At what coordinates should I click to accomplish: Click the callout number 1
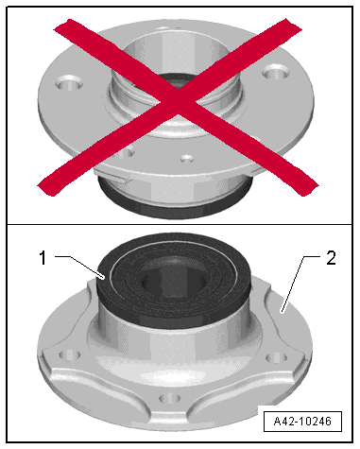[43, 258]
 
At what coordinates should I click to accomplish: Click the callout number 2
[331, 258]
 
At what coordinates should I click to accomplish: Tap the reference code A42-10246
[302, 421]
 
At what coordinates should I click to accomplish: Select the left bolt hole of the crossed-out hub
[69, 82]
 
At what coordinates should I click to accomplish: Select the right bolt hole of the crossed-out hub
[276, 73]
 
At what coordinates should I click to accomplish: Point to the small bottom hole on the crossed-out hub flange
[187, 158]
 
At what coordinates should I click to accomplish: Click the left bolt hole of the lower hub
[70, 355]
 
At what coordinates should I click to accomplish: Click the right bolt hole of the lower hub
[277, 357]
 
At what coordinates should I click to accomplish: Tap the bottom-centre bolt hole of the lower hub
[170, 398]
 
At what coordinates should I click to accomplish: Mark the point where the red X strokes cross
[179, 101]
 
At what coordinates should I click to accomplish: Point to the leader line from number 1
[79, 267]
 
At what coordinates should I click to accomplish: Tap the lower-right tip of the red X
[309, 188]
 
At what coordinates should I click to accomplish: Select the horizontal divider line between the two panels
[180, 224]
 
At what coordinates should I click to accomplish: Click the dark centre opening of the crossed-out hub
[177, 81]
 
